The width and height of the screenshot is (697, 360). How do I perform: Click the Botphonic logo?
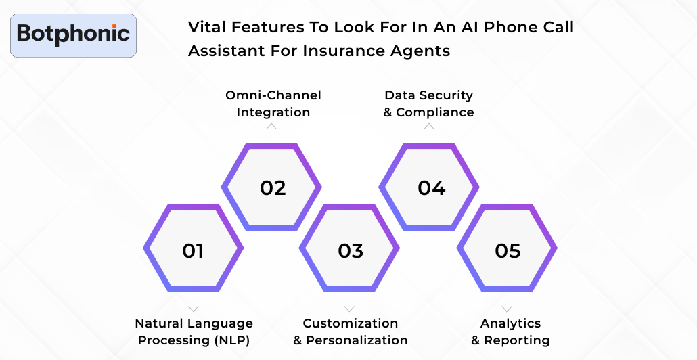(73, 34)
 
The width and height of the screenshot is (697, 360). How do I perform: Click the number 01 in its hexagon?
(193, 251)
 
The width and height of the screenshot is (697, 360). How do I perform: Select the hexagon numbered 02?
(273, 187)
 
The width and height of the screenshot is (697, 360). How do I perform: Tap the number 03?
(351, 251)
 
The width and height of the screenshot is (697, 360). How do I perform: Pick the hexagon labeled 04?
(431, 187)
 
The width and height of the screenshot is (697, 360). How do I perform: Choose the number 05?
(508, 251)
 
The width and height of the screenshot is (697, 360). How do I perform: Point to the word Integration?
(273, 112)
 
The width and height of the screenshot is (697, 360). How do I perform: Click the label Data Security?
(428, 95)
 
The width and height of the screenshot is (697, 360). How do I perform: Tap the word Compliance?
(435, 112)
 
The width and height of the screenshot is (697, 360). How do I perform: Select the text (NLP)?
(232, 340)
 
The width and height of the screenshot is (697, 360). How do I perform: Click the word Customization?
(351, 323)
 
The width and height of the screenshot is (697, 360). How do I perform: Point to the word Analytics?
(510, 323)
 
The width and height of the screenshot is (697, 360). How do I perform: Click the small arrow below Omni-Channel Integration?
(271, 126)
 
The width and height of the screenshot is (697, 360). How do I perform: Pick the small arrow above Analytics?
(507, 309)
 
